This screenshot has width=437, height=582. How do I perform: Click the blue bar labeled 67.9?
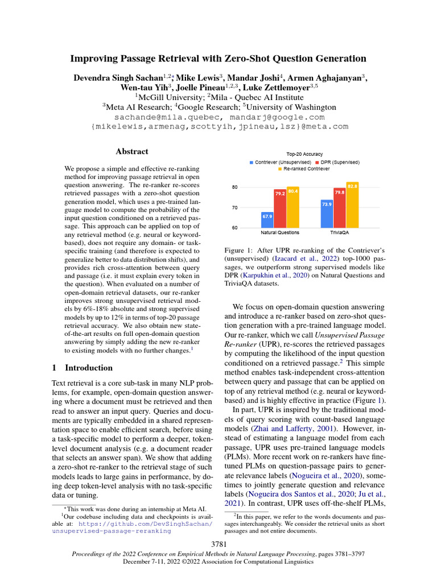tap(267, 219)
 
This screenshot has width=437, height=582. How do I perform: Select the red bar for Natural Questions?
tap(280, 209)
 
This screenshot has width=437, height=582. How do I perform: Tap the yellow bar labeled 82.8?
tap(352, 205)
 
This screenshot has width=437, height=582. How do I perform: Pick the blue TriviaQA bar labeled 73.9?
tap(327, 214)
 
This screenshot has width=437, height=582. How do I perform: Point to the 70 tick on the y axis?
tap(234, 207)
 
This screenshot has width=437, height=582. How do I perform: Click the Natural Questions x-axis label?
tap(280, 233)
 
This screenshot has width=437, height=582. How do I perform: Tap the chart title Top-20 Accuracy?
tap(304, 154)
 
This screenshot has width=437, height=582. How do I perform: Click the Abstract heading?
tap(132, 152)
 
